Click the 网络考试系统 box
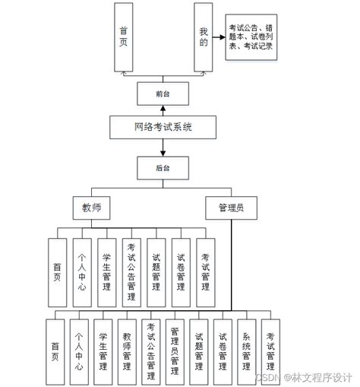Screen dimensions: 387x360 (162, 127)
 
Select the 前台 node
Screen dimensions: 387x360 (162, 94)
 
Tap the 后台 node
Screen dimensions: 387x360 (162, 167)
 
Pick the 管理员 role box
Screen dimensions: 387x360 (231, 206)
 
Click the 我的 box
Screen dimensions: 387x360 (203, 37)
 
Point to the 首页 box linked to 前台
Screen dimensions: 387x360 (124, 37)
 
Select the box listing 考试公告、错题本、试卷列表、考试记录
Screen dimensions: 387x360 (250, 40)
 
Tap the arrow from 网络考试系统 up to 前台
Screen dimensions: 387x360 (162, 110)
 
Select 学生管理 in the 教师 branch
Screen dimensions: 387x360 (106, 271)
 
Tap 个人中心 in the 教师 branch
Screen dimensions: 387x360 (82, 271)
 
